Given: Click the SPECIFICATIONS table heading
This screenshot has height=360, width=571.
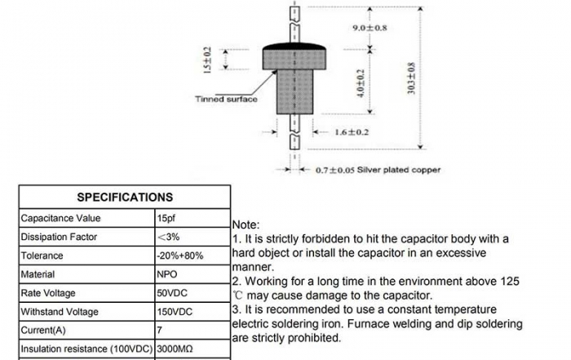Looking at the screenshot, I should [125, 197].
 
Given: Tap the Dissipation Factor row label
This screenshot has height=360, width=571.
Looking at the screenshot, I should [59, 238].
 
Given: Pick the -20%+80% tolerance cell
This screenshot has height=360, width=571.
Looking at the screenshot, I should [180, 256].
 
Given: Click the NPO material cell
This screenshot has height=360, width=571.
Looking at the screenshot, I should [167, 274].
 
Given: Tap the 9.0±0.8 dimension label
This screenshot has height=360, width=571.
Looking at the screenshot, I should [370, 28].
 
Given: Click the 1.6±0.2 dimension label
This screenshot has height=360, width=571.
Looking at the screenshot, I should [352, 131].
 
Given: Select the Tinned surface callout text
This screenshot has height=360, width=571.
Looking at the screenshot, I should [226, 100].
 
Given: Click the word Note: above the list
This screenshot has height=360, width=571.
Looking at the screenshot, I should [246, 224].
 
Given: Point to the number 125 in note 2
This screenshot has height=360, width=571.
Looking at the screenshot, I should [509, 280].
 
